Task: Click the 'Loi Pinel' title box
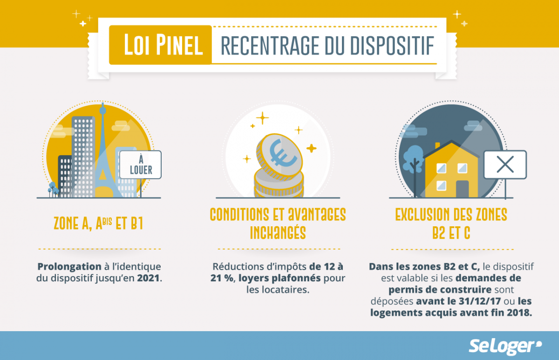coord(160,45)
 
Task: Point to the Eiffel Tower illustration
coord(103,154)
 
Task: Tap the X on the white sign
coord(505,164)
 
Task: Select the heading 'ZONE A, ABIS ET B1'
coord(98,224)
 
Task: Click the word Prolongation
coord(69,267)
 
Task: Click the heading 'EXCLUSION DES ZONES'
coord(451,215)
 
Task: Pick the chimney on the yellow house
coord(437,146)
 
